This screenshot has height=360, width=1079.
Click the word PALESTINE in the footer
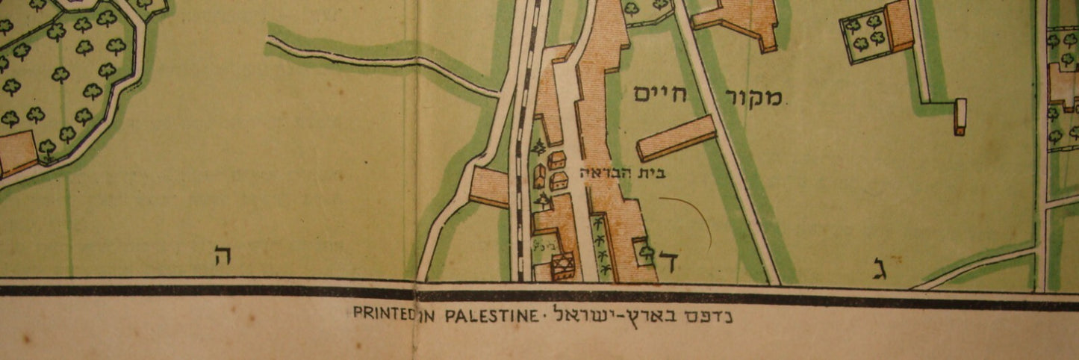tap(490, 315)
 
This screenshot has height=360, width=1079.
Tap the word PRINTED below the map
tap(385, 315)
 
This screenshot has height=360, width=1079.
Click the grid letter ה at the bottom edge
tap(223, 257)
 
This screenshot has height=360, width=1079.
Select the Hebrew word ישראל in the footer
tap(585, 314)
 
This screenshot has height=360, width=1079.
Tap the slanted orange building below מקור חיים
tap(677, 137)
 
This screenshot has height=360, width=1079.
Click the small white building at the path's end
tap(960, 117)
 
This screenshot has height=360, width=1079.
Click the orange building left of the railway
tap(490, 187)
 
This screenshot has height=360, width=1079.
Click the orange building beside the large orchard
tap(16, 153)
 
